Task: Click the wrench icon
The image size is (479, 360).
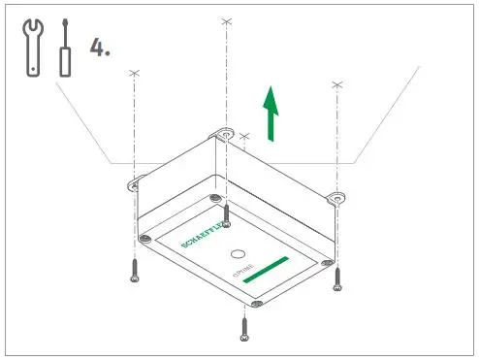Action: point(32,48)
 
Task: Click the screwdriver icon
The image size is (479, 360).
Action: point(65,48)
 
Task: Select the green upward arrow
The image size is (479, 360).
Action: point(271,112)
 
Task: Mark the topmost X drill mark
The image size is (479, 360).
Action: point(226,19)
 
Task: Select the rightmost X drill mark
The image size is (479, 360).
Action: point(336,84)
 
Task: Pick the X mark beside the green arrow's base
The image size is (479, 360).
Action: point(244,137)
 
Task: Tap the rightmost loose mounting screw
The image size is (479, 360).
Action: point(337,278)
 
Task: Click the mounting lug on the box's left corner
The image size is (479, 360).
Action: point(134,180)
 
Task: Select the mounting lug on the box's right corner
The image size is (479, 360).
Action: point(336,197)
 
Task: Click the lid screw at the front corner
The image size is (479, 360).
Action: point(254,304)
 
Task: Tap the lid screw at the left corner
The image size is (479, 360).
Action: point(145,238)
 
